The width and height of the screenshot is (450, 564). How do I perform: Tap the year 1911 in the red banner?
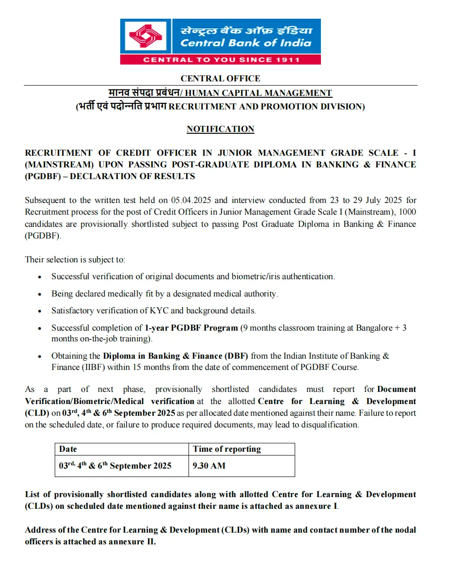(x=287, y=59)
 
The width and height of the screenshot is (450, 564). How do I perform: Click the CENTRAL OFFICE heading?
(x=220, y=79)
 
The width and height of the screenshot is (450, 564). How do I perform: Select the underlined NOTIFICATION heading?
(x=220, y=129)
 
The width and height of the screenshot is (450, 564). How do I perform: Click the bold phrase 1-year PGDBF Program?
(x=191, y=328)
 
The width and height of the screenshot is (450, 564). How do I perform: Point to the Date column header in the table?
(x=68, y=449)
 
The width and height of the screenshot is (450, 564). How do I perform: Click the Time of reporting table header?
(x=227, y=449)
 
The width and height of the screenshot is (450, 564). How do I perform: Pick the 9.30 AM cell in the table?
(x=209, y=466)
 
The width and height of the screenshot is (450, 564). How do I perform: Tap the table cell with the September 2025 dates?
(x=116, y=466)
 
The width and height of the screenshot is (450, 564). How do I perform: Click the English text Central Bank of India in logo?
(x=246, y=43)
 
